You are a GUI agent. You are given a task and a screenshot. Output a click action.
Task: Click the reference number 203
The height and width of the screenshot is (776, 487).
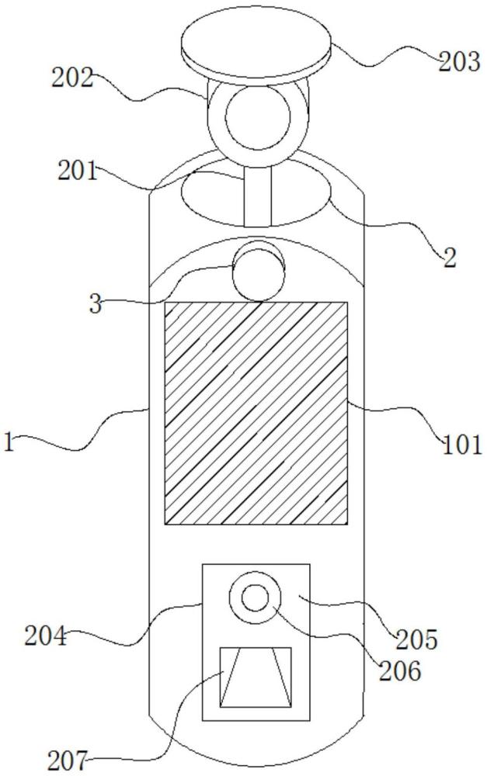click(459, 62)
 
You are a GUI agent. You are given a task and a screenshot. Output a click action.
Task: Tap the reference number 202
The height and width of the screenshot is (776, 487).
click(72, 78)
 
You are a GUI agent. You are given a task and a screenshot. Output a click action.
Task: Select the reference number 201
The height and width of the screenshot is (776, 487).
click(78, 171)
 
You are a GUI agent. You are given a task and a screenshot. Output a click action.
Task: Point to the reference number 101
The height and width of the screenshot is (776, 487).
click(461, 445)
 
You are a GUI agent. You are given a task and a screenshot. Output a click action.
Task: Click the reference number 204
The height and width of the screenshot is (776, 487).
click(46, 636)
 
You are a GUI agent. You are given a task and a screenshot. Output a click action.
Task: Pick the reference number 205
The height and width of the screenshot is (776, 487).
click(416, 639)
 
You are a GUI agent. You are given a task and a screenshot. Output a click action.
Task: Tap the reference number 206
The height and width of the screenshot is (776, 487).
click(400, 671)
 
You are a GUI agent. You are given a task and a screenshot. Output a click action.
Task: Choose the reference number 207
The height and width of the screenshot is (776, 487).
click(68, 760)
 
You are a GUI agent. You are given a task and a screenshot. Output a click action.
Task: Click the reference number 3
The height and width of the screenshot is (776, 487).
click(96, 304)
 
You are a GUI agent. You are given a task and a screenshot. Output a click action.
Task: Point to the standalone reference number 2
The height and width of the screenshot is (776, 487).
click(450, 258)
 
